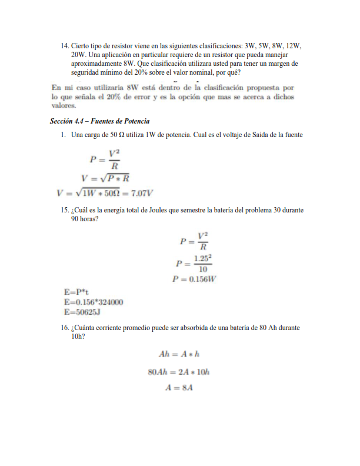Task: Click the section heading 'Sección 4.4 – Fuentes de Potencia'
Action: coord(100,121)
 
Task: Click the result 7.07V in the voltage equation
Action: coord(141,192)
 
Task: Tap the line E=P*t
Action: coord(76,292)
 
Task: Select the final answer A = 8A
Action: coord(179,388)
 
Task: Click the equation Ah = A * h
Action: coord(179,355)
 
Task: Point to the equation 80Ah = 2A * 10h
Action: coord(179,372)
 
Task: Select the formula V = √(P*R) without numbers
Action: coord(105,178)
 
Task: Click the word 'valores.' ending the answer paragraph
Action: coord(64,106)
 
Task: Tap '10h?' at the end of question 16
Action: coord(77,337)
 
